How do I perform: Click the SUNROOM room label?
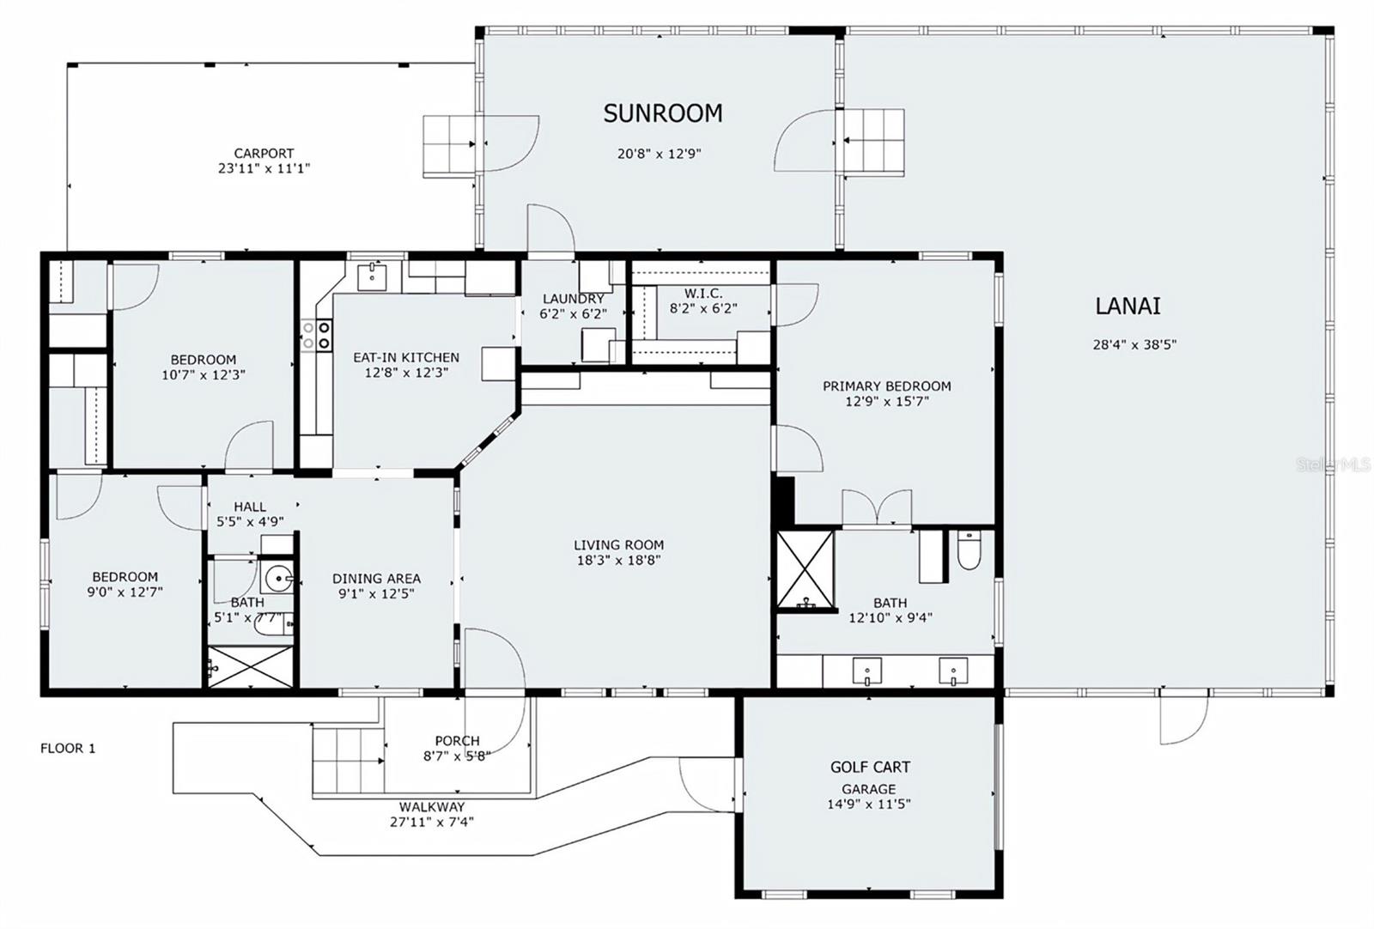(x=663, y=113)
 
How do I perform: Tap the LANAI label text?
(x=1128, y=306)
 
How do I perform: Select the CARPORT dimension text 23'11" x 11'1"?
(x=264, y=168)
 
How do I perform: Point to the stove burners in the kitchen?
(x=317, y=336)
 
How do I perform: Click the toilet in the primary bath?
(x=969, y=550)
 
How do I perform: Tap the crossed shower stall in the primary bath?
(x=806, y=570)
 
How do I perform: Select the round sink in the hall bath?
(x=279, y=577)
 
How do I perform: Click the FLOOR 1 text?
(x=68, y=748)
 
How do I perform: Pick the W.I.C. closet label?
(x=703, y=294)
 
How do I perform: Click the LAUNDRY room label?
(x=574, y=299)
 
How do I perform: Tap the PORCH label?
(x=458, y=741)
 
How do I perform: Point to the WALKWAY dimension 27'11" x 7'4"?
(x=432, y=822)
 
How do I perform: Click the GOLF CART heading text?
(x=870, y=767)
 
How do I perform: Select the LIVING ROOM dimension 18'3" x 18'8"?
(x=619, y=560)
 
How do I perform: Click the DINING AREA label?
(x=377, y=578)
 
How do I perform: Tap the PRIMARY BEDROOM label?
(x=887, y=386)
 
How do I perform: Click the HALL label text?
(x=250, y=507)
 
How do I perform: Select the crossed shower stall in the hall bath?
(x=251, y=666)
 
